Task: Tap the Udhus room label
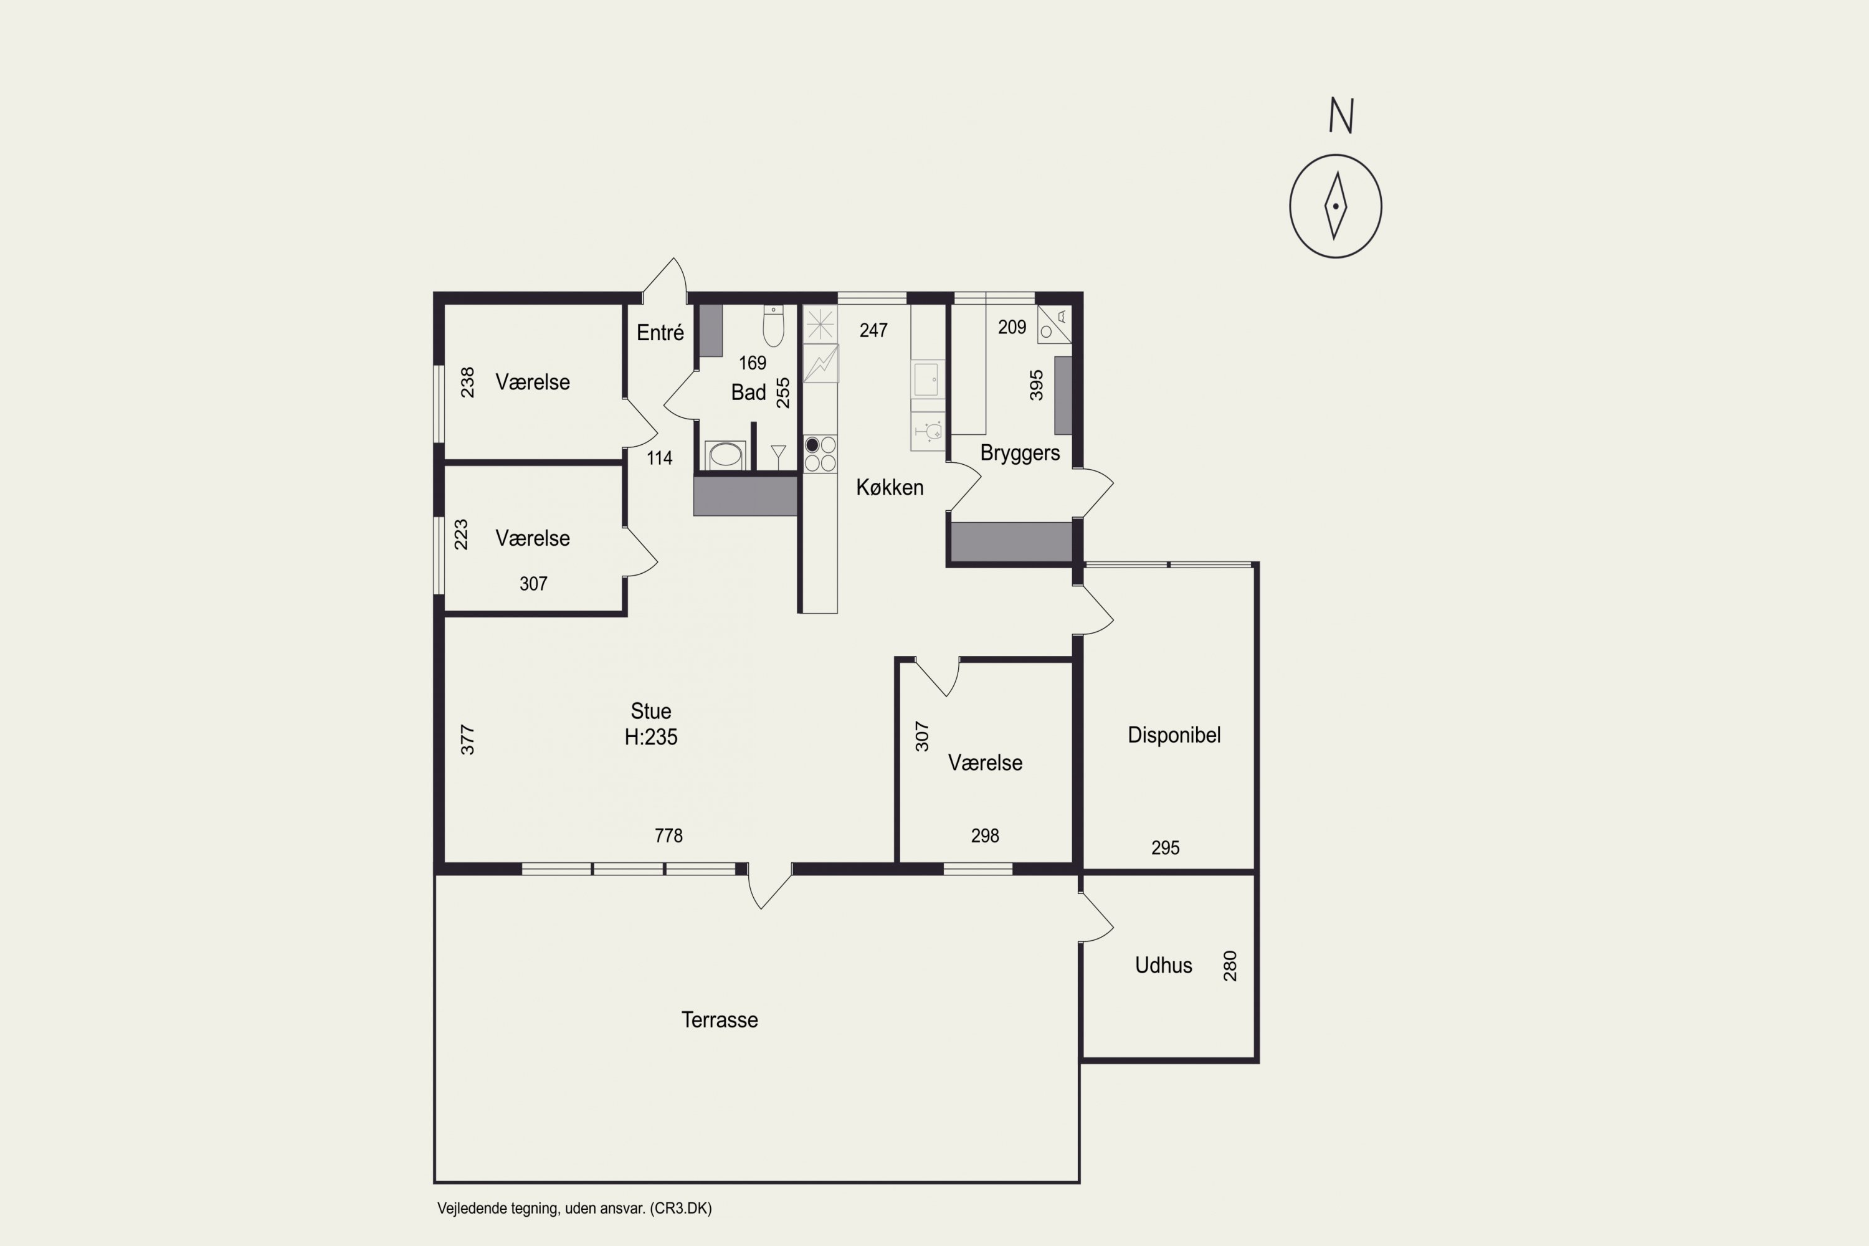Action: (1163, 966)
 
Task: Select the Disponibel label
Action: (1174, 735)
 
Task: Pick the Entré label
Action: (660, 332)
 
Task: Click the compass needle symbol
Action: (1335, 206)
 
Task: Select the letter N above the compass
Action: (1341, 116)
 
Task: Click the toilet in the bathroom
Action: (773, 325)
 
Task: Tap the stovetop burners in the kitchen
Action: (819, 454)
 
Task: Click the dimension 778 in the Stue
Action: (668, 835)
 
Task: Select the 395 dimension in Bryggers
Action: (1036, 386)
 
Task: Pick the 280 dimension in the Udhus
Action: (1229, 966)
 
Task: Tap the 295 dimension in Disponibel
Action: (1165, 847)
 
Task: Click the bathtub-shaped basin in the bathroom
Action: (725, 455)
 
